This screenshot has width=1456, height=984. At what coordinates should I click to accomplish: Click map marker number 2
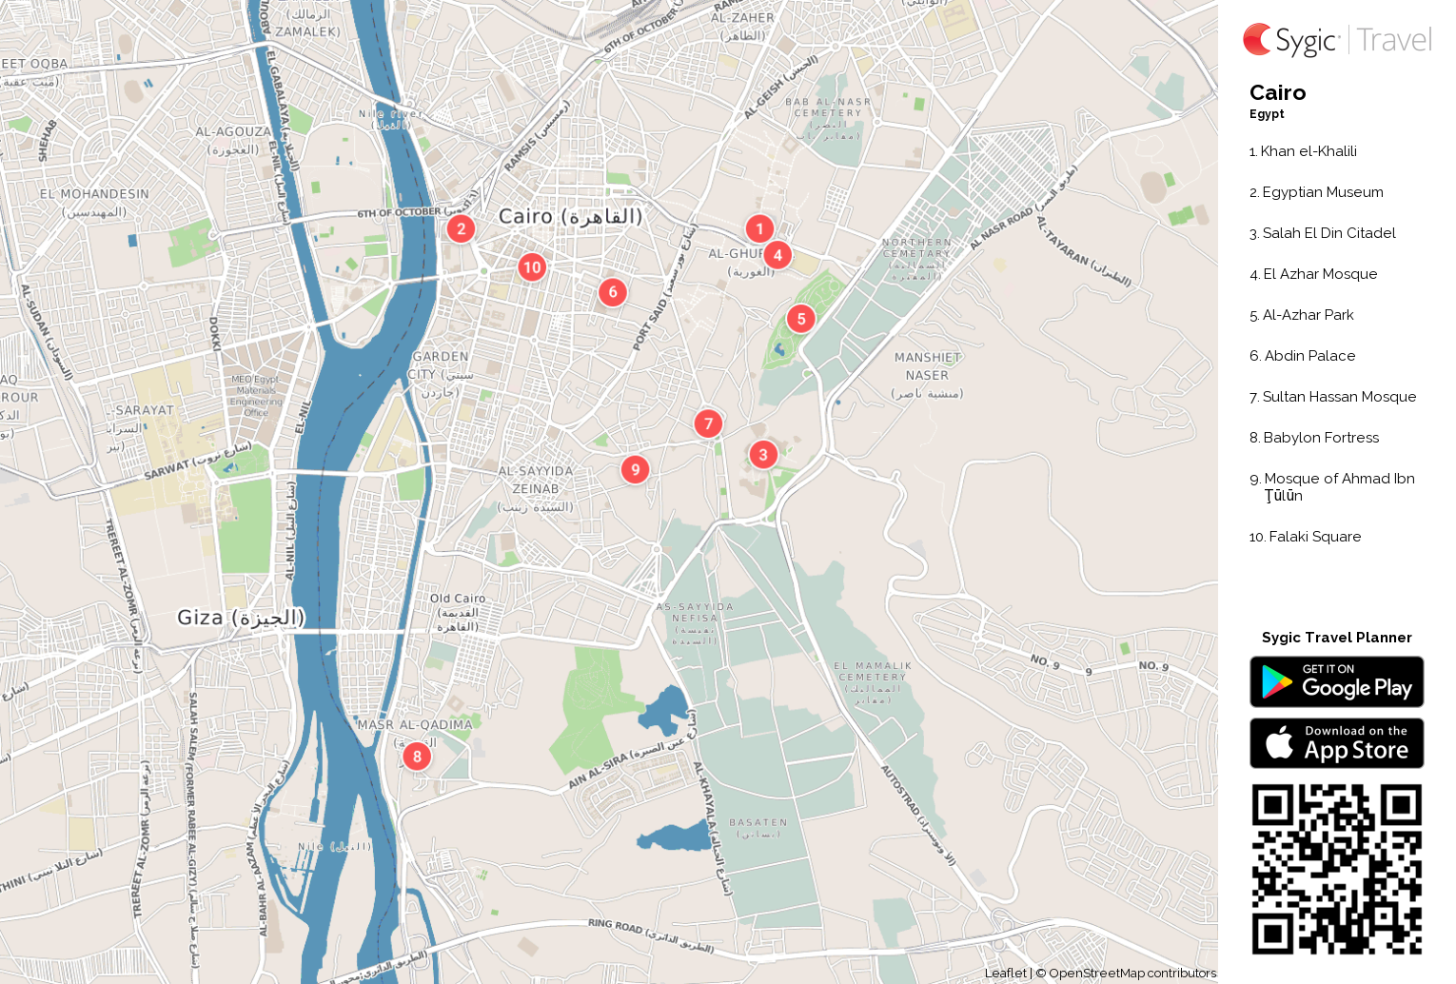click(x=461, y=228)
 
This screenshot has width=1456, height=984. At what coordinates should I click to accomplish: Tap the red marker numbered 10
click(x=532, y=267)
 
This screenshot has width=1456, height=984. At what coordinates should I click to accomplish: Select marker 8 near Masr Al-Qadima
click(x=417, y=757)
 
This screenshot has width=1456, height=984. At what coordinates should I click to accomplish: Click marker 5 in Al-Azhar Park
click(x=801, y=319)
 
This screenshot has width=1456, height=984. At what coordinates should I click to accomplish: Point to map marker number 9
click(x=635, y=469)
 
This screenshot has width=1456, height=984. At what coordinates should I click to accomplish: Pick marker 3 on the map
click(x=763, y=455)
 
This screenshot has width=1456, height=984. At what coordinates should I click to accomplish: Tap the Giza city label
click(x=241, y=618)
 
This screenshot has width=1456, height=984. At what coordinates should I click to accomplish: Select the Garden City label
click(x=441, y=365)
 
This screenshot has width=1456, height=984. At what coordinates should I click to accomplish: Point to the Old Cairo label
click(x=458, y=599)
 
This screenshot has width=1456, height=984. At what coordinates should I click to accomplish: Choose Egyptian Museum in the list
click(x=1322, y=192)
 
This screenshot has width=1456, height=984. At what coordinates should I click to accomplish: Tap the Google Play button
click(x=1336, y=682)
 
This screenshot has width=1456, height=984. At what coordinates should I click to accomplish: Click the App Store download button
click(x=1336, y=743)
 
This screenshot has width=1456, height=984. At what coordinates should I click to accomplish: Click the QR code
click(x=1336, y=869)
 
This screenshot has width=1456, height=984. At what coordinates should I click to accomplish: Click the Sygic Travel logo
click(x=1336, y=40)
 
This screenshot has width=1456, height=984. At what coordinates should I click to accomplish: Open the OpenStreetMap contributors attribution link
click(x=1131, y=974)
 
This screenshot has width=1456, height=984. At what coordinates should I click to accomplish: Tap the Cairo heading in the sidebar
click(x=1277, y=92)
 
